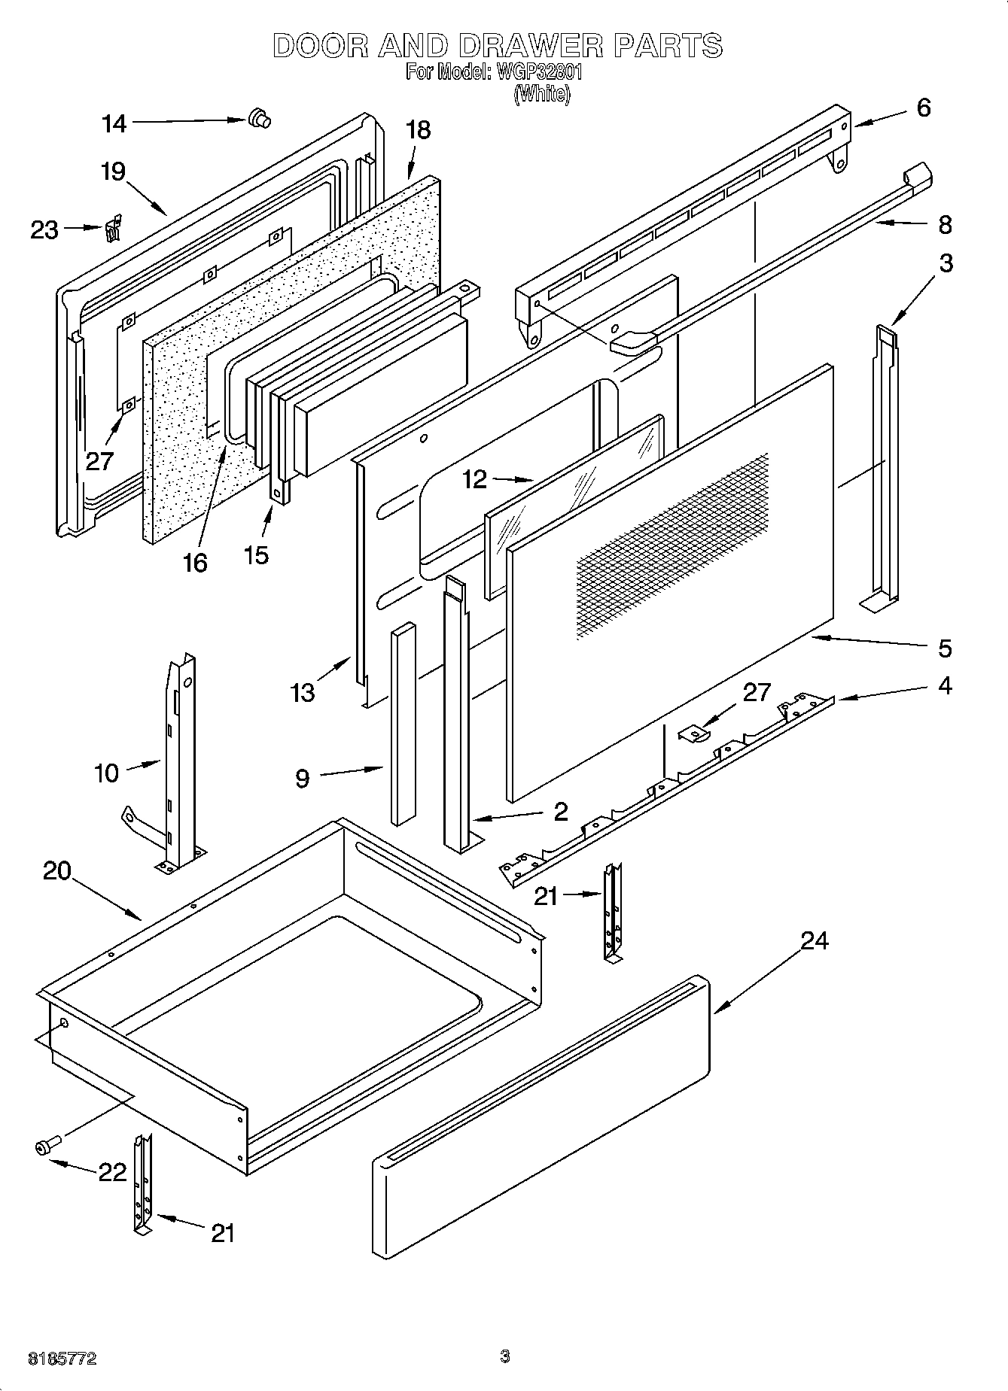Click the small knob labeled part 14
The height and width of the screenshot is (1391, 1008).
click(x=259, y=119)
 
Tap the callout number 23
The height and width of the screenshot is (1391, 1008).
click(x=44, y=229)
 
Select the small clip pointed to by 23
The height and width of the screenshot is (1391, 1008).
click(x=113, y=229)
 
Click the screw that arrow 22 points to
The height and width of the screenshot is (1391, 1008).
click(x=44, y=1147)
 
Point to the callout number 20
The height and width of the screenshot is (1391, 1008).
click(x=56, y=871)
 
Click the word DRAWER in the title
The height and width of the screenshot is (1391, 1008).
click(x=530, y=47)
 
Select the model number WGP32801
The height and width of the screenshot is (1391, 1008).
click(x=539, y=73)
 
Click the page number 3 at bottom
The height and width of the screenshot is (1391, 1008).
click(x=504, y=1356)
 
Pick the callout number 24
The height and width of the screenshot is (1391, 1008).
click(x=815, y=940)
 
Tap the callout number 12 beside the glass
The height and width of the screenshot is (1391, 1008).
click(x=475, y=479)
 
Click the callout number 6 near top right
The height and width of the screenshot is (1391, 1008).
click(x=923, y=108)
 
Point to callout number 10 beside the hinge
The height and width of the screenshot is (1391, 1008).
click(x=107, y=773)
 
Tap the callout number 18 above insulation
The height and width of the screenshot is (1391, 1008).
click(x=418, y=130)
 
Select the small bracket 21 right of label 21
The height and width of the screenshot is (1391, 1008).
click(x=613, y=912)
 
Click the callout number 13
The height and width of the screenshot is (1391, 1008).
click(x=303, y=692)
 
